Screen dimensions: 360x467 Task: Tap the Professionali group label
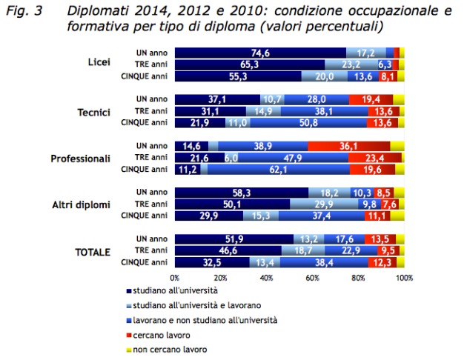(x=80, y=158)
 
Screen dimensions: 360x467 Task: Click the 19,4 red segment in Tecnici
(x=371, y=100)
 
